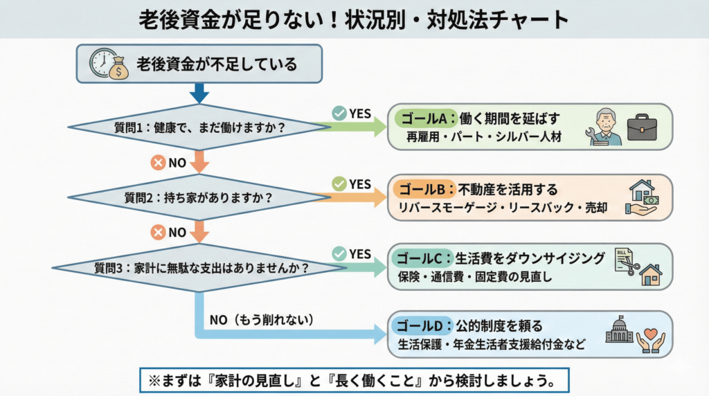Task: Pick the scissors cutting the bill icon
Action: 627,264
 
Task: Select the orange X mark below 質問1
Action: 158,163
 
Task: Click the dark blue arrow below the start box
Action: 199,93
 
